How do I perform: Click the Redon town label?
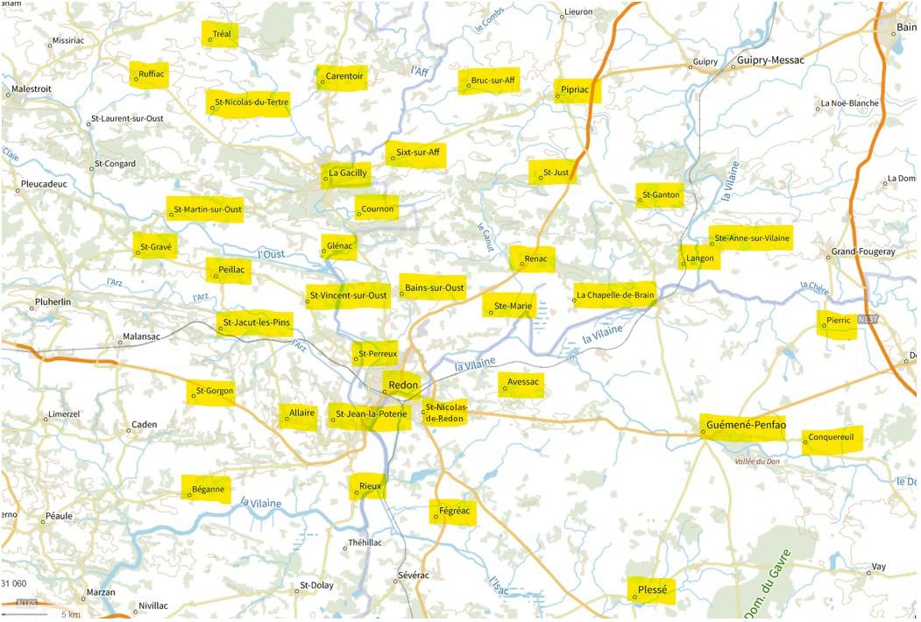point(403,385)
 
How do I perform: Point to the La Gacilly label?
point(347,173)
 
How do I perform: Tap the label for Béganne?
point(208,489)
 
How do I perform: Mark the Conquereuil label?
point(835,437)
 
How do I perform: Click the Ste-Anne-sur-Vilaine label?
point(751,238)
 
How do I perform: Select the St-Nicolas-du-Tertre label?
point(251,102)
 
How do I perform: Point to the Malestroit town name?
point(32,88)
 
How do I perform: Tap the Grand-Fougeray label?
point(863,252)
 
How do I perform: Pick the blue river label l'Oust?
point(272,254)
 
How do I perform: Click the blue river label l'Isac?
point(498,585)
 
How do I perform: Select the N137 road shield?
point(868,319)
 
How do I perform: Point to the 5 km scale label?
point(70,614)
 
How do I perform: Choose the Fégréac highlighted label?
point(454,512)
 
